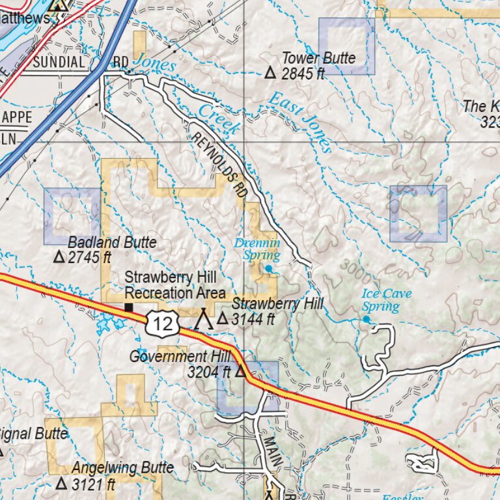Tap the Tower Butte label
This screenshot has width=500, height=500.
point(318,58)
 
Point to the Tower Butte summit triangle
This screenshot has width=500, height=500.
point(271,73)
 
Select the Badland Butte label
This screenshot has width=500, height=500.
point(112,242)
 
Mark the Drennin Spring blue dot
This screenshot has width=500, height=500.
point(268,268)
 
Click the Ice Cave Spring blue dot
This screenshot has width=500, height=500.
point(367,320)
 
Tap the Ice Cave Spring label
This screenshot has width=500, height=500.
point(386,299)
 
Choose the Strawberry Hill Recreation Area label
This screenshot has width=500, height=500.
point(174,285)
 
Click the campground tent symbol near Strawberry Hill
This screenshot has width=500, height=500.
point(204,318)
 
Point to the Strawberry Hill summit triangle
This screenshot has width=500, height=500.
point(223,319)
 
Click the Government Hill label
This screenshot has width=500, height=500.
point(180,356)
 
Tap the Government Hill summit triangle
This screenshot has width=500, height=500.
point(240,372)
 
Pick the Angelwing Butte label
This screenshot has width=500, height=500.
point(122,467)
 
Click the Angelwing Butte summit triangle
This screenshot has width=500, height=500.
point(61,484)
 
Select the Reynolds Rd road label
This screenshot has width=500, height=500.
point(220,162)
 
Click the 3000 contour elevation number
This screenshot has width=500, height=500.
point(349,270)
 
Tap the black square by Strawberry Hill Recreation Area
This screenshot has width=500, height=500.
point(129,307)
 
